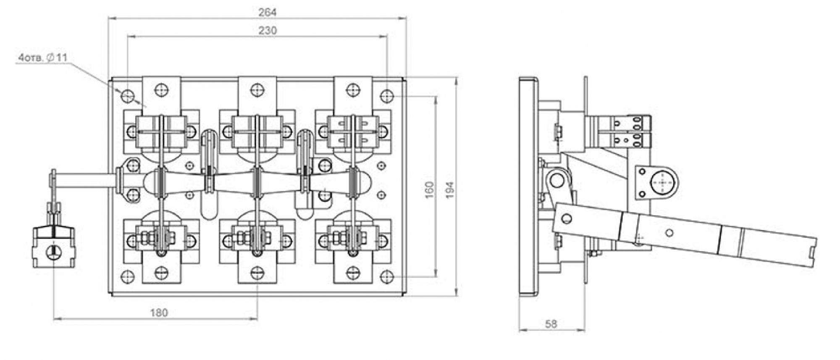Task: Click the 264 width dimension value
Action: click(x=267, y=12)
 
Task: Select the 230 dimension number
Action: click(x=268, y=30)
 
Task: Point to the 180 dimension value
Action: click(x=159, y=313)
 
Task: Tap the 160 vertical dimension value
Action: click(x=429, y=190)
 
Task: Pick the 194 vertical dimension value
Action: click(x=449, y=190)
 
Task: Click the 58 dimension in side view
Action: click(x=551, y=324)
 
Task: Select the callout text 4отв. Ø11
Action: click(x=42, y=58)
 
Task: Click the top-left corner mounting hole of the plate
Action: click(x=127, y=96)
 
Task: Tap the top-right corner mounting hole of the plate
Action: click(x=387, y=96)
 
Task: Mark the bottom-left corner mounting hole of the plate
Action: click(x=127, y=276)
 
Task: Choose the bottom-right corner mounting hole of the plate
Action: click(x=387, y=276)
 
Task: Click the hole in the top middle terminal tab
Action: click(x=257, y=90)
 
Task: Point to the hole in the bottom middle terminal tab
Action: click(x=257, y=273)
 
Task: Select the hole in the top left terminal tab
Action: click(x=161, y=90)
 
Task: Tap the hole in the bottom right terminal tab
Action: click(x=353, y=273)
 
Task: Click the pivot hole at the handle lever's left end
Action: click(x=566, y=218)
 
